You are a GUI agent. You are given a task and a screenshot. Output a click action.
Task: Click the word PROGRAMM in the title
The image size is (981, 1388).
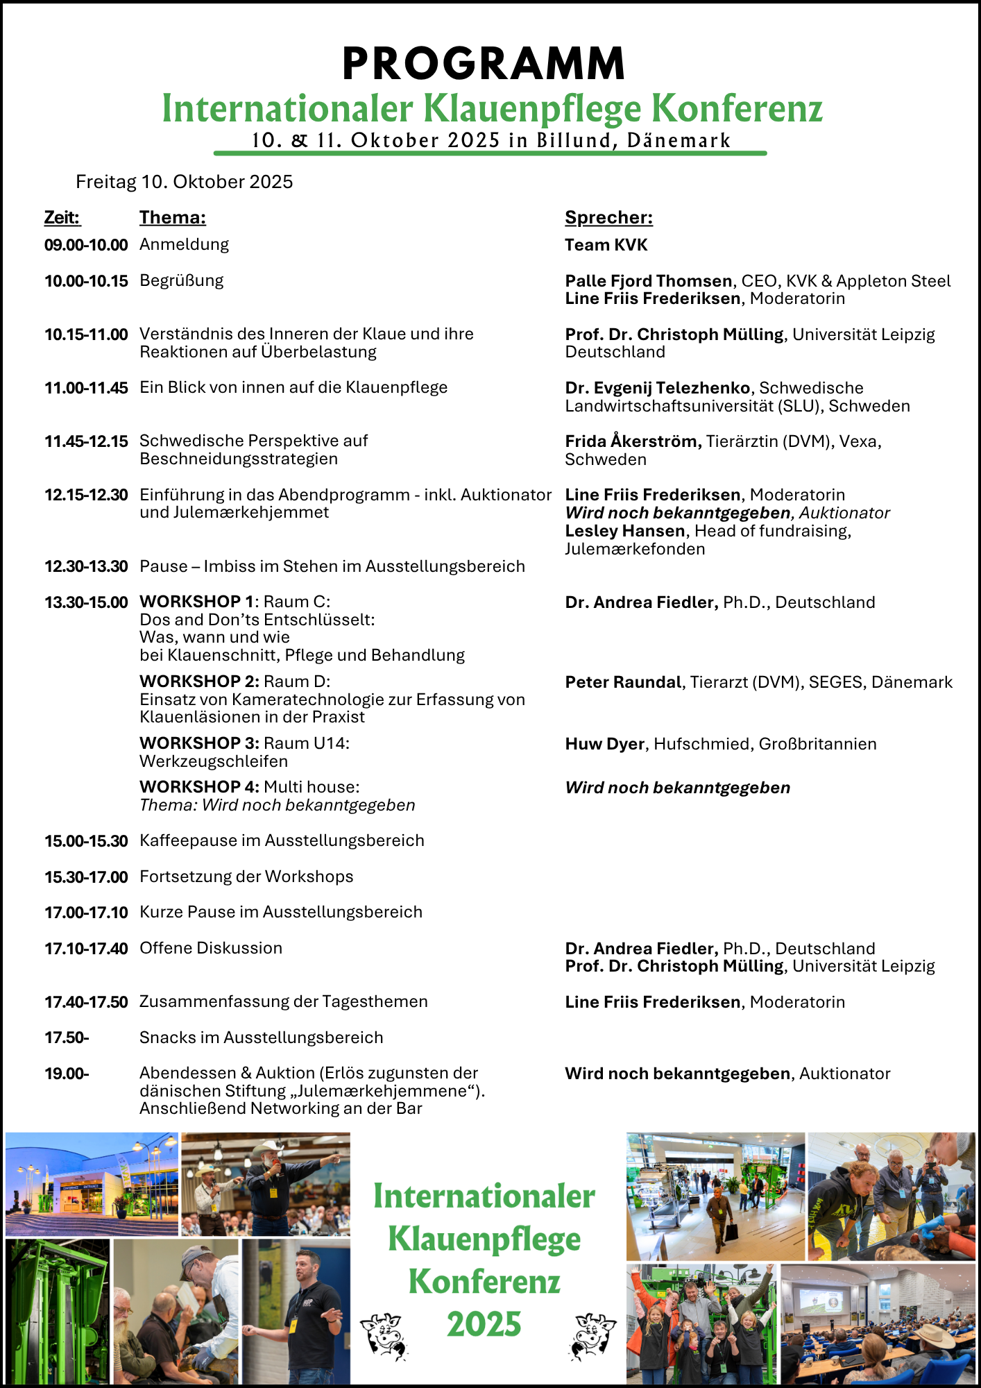[484, 64]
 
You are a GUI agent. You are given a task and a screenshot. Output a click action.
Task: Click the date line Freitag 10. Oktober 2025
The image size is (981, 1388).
[184, 182]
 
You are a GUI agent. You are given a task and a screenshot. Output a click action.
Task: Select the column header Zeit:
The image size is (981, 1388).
[62, 217]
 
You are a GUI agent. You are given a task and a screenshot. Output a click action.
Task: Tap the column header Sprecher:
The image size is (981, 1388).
[608, 217]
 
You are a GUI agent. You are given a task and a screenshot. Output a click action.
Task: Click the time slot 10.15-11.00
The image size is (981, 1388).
[86, 335]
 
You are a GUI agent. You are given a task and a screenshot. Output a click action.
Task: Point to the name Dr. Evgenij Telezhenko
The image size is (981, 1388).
[657, 388]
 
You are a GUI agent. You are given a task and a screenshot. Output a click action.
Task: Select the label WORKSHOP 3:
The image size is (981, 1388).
[199, 743]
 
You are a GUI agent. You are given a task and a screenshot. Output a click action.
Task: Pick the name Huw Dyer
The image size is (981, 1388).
[604, 744]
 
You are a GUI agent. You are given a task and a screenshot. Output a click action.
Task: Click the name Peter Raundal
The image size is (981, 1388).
[622, 682]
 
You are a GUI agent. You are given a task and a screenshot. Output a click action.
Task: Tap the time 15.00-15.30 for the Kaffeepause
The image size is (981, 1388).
[86, 841]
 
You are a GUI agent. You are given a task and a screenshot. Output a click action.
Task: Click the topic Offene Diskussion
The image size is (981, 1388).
[211, 948]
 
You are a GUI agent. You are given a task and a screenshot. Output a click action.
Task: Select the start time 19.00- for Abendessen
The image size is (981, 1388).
[67, 1074]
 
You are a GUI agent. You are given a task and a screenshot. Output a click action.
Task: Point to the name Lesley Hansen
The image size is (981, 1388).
[624, 531]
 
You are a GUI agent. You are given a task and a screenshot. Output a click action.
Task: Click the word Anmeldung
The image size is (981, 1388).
[184, 244]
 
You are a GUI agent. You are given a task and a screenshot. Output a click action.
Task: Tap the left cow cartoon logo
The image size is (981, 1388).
[384, 1335]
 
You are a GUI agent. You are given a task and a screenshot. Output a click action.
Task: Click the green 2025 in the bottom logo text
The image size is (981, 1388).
[484, 1324]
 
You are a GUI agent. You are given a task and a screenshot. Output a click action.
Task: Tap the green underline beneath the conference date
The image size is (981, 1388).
[490, 153]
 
